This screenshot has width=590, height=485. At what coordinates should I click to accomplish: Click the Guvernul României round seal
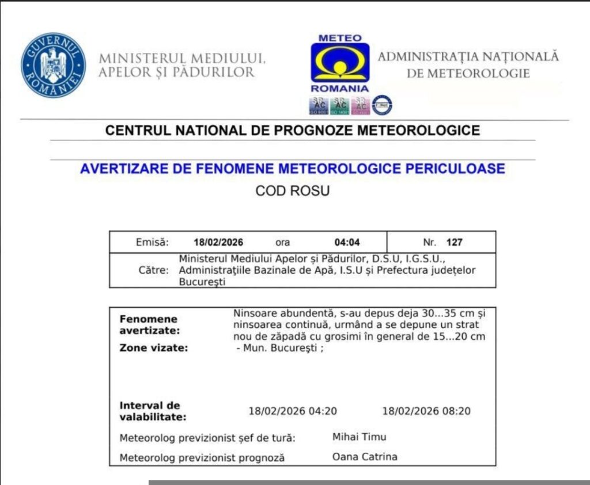53,65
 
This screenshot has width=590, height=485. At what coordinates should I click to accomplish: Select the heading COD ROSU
293,191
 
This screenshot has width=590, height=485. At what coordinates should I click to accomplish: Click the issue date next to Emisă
218,242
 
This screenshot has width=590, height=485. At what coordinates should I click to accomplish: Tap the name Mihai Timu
360,437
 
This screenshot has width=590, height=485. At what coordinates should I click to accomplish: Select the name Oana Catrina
365,457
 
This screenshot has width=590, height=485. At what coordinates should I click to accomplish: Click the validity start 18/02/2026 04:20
293,411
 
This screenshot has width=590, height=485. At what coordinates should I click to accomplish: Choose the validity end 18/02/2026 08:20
426,411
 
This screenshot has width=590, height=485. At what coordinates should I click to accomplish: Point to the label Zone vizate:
154,348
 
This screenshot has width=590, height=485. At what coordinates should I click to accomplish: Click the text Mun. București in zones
280,349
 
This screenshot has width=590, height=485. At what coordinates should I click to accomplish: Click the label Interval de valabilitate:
153,411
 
